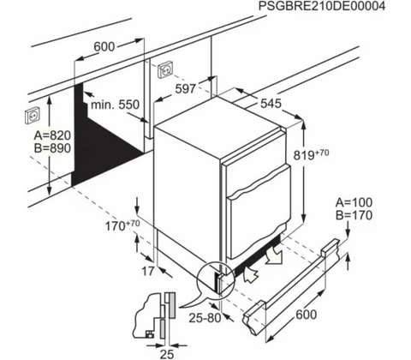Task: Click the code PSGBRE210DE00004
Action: (x=322, y=6)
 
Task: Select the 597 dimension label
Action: (x=186, y=89)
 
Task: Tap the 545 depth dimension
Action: (x=271, y=104)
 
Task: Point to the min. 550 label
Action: (x=115, y=105)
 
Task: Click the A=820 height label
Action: (x=52, y=135)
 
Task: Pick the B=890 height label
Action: (x=52, y=148)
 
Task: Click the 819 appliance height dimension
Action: (x=312, y=154)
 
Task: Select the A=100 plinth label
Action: (x=354, y=202)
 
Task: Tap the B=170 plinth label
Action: (x=354, y=215)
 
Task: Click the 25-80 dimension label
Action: (x=205, y=318)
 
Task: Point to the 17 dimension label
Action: (x=148, y=271)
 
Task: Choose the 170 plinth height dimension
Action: (x=122, y=225)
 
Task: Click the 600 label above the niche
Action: (x=104, y=46)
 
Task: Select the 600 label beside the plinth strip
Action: (x=307, y=315)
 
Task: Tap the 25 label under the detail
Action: (x=167, y=354)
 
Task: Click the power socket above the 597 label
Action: (x=165, y=69)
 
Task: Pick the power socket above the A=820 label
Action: (x=33, y=115)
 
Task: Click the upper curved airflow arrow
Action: (x=272, y=255)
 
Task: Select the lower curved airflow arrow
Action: (x=251, y=274)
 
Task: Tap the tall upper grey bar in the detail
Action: (x=172, y=305)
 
